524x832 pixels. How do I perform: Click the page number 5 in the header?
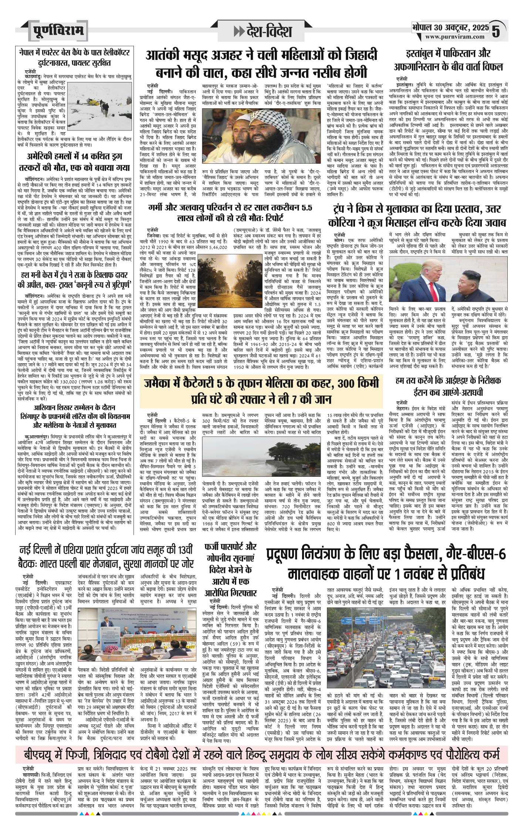pyautogui.click(x=496, y=31)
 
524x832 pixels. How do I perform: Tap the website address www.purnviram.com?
pyautogui.click(x=454, y=37)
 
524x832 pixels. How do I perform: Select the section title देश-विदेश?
pyautogui.click(x=263, y=31)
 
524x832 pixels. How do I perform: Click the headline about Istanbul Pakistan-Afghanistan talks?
pyautogui.click(x=448, y=60)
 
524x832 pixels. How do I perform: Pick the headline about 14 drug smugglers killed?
pyautogui.click(x=74, y=162)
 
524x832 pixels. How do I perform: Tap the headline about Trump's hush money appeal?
pyautogui.click(x=74, y=280)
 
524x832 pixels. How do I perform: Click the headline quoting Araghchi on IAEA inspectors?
pyautogui.click(x=448, y=386)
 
